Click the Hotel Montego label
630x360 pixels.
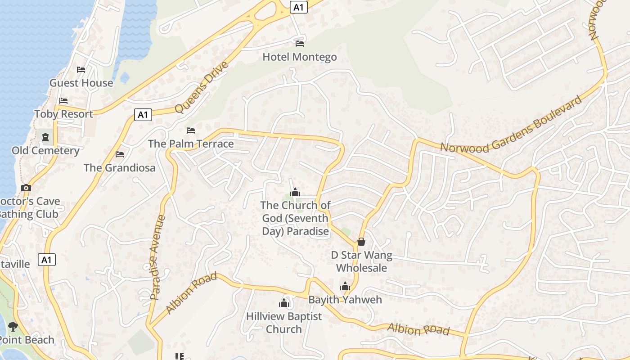pyautogui.click(x=299, y=57)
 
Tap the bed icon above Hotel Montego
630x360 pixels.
pyautogui.click(x=300, y=43)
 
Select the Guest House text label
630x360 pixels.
pyautogui.click(x=81, y=83)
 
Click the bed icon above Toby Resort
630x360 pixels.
pyautogui.click(x=63, y=100)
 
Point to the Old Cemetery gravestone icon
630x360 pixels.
pyautogui.click(x=45, y=137)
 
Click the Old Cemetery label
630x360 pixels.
pyautogui.click(x=45, y=150)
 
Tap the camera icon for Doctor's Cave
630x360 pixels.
pyautogui.click(x=26, y=188)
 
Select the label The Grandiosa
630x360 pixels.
pyautogui.click(x=119, y=168)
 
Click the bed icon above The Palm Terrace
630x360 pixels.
pyautogui.click(x=191, y=130)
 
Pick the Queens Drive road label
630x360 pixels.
pyautogui.click(x=202, y=88)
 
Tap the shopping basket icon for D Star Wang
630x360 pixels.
pyautogui.click(x=361, y=242)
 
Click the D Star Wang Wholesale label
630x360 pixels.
pyautogui.click(x=361, y=261)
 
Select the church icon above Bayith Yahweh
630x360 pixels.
pyautogui.click(x=345, y=286)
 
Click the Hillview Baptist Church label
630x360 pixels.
pyautogui.click(x=284, y=323)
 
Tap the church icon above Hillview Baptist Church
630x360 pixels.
pyautogui.click(x=284, y=302)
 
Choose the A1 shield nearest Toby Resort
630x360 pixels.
pyautogui.click(x=143, y=115)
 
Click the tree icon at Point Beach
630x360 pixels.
pyautogui.click(x=13, y=326)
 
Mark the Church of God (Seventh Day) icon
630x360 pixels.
pyautogui.click(x=295, y=192)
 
